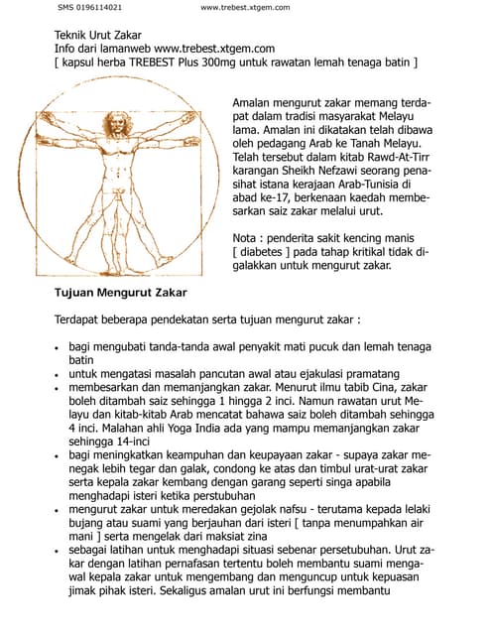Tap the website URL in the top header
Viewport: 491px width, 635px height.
click(x=245, y=8)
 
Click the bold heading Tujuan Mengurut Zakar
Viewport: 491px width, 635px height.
click(x=120, y=293)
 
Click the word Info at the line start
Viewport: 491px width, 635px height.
click(x=65, y=47)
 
